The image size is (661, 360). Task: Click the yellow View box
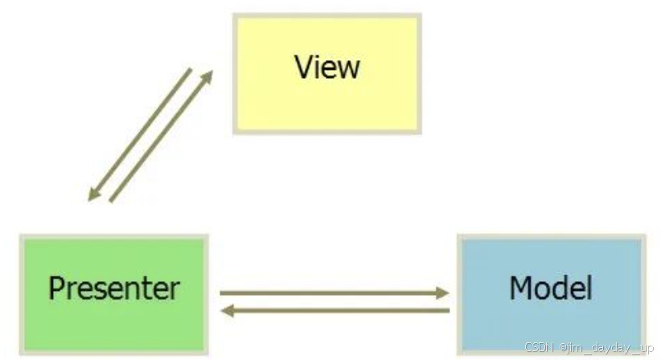pyautogui.click(x=326, y=72)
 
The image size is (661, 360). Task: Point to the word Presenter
pyautogui.click(x=113, y=288)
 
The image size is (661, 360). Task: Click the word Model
pyautogui.click(x=551, y=287)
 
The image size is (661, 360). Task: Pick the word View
pyautogui.click(x=327, y=66)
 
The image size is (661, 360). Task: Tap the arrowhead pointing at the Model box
pyautogui.click(x=442, y=293)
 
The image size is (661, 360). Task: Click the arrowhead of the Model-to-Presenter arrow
pyautogui.click(x=227, y=310)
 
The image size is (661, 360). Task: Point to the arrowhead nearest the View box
pyautogui.click(x=207, y=76)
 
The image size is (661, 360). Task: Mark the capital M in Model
pyautogui.click(x=520, y=287)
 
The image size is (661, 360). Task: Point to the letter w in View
pyautogui.click(x=348, y=68)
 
